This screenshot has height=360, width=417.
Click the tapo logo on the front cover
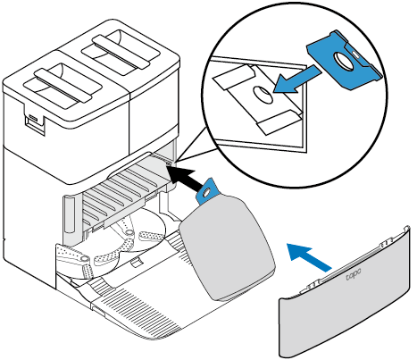pyautogui.click(x=354, y=274)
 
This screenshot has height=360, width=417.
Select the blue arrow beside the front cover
pyautogui.click(x=309, y=255)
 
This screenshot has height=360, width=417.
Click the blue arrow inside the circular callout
pyautogui.click(x=296, y=80)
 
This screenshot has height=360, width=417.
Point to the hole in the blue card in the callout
pyautogui.click(x=342, y=60)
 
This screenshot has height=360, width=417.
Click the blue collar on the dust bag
pyautogui.click(x=207, y=191)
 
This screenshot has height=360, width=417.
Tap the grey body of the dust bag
pyautogui.click(x=228, y=247)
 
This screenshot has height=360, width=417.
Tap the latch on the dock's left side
pyautogui.click(x=34, y=122)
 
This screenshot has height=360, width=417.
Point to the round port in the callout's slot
pyautogui.click(x=263, y=95)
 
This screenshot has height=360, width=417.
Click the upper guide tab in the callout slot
pyautogui.click(x=234, y=77)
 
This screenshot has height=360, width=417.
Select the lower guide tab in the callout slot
pyautogui.click(x=277, y=122)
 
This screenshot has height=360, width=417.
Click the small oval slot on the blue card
pyautogui.click(x=354, y=53)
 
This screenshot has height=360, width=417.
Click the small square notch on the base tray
pyautogui.click(x=136, y=262)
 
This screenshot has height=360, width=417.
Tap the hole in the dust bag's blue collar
pyautogui.click(x=205, y=194)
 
